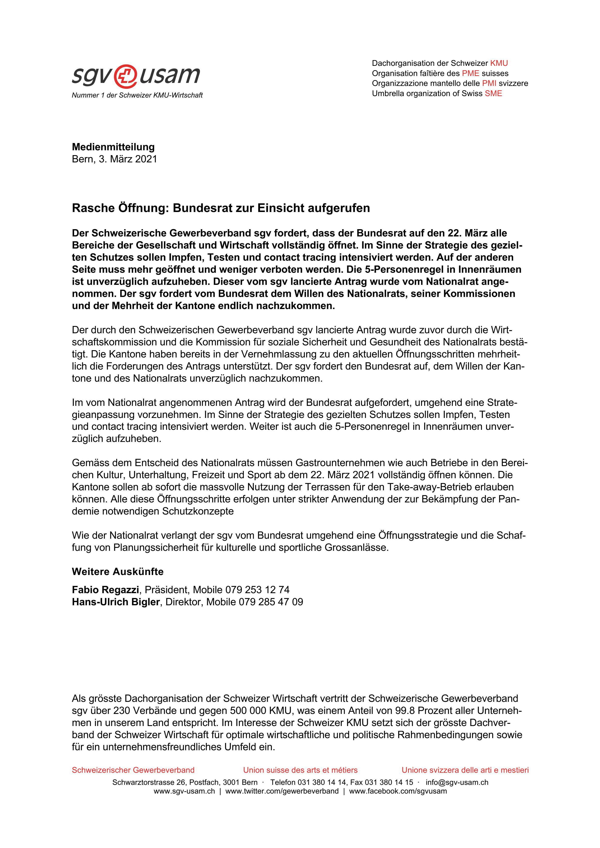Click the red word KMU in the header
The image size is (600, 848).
pyautogui.click(x=499, y=63)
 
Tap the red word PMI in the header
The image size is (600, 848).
pyautogui.click(x=489, y=83)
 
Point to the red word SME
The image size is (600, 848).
pyautogui.click(x=493, y=93)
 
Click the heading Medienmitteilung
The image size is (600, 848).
pyautogui.click(x=113, y=147)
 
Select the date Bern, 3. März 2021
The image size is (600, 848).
pyautogui.click(x=114, y=159)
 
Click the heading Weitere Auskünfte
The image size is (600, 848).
pyautogui.click(x=117, y=572)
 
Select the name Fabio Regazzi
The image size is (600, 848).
pyautogui.click(x=105, y=590)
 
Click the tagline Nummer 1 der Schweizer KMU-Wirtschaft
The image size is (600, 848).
pyautogui.click(x=137, y=96)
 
